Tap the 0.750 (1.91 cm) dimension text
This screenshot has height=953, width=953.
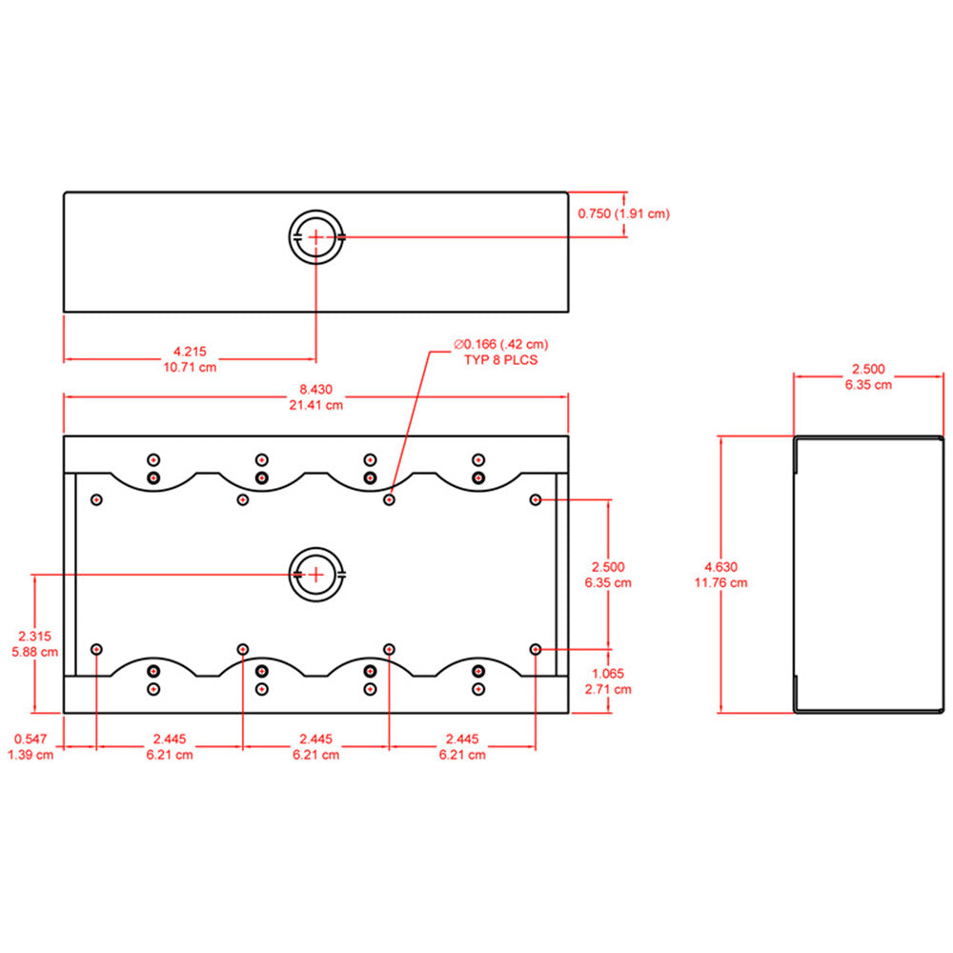click(x=623, y=213)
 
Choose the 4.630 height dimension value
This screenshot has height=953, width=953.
click(x=720, y=566)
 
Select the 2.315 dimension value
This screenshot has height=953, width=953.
click(x=30, y=636)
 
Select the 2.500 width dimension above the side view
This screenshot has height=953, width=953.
click(x=868, y=369)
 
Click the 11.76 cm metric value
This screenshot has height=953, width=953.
click(x=720, y=582)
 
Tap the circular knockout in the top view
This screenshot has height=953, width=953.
click(x=315, y=235)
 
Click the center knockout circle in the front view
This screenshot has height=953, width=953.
click(x=315, y=575)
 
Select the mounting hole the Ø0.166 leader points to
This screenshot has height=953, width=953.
click(x=389, y=499)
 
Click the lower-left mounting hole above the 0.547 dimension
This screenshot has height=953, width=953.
click(x=96, y=649)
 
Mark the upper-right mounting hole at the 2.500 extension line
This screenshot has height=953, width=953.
click(x=536, y=499)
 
